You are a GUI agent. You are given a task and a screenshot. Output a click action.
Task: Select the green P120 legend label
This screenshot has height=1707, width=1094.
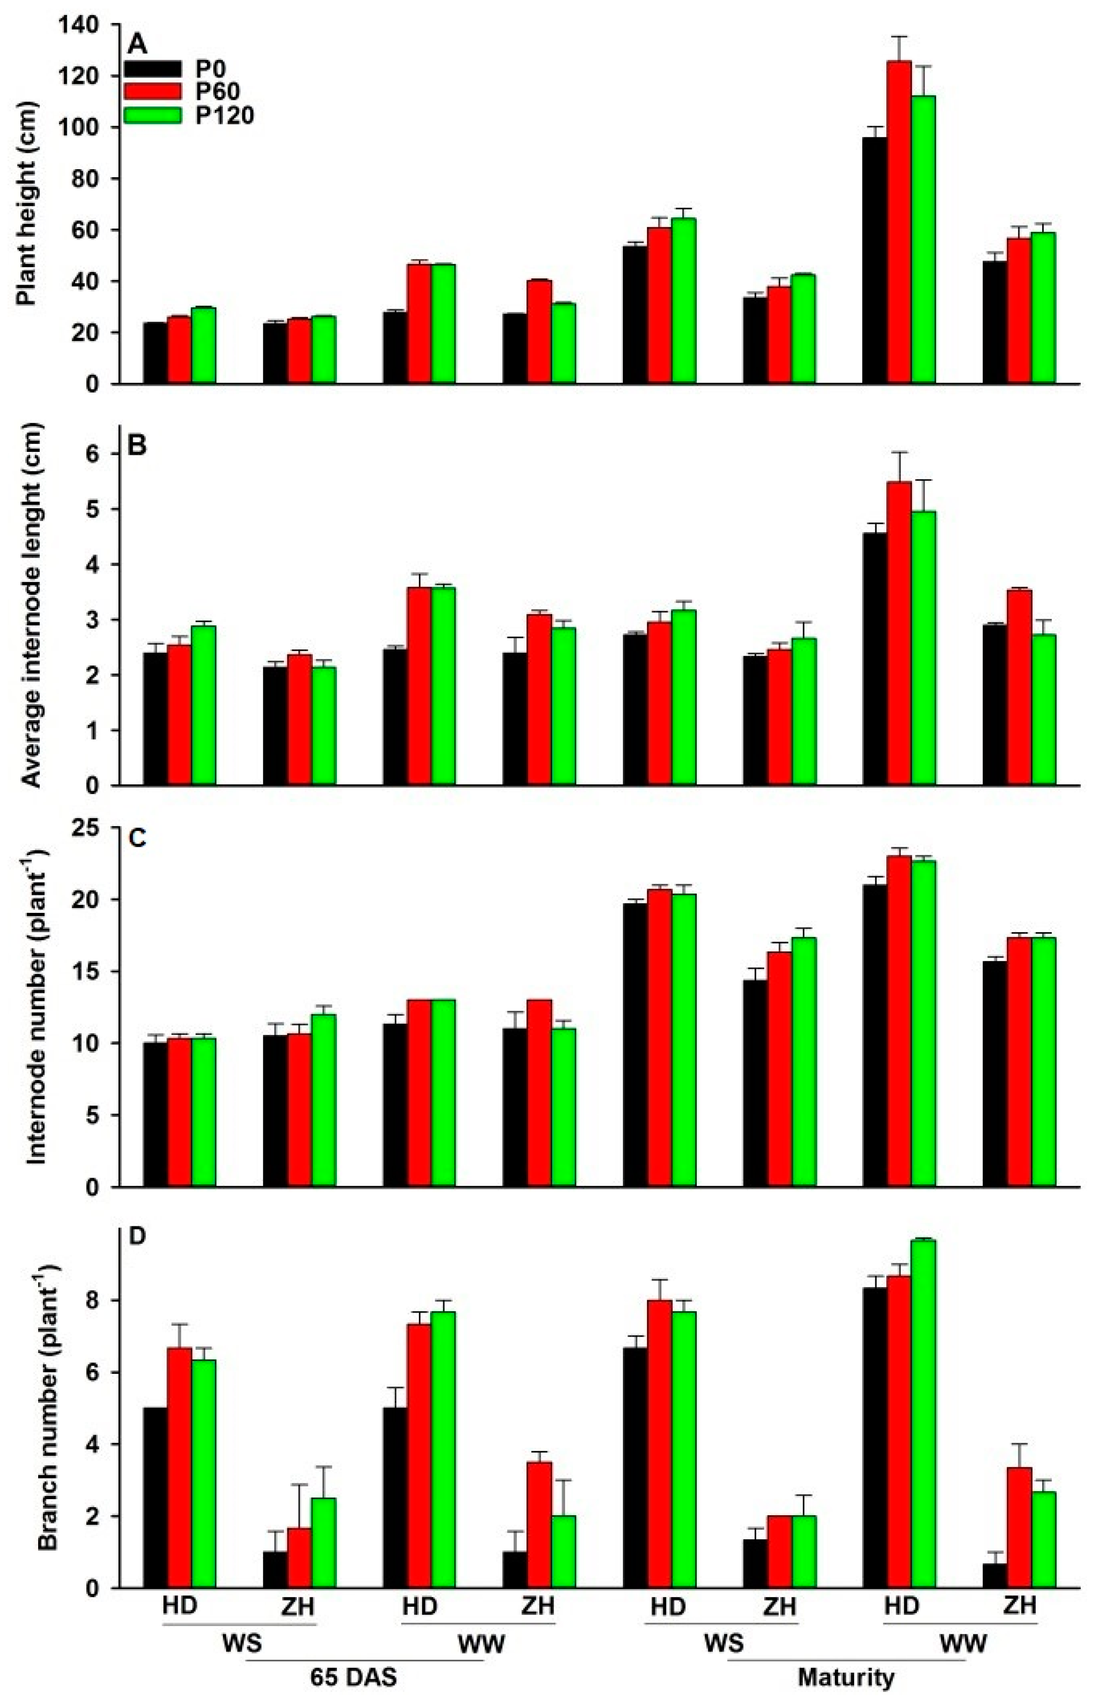tap(224, 115)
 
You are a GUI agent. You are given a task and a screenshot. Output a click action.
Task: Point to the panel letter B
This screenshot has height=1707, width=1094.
tap(137, 446)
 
